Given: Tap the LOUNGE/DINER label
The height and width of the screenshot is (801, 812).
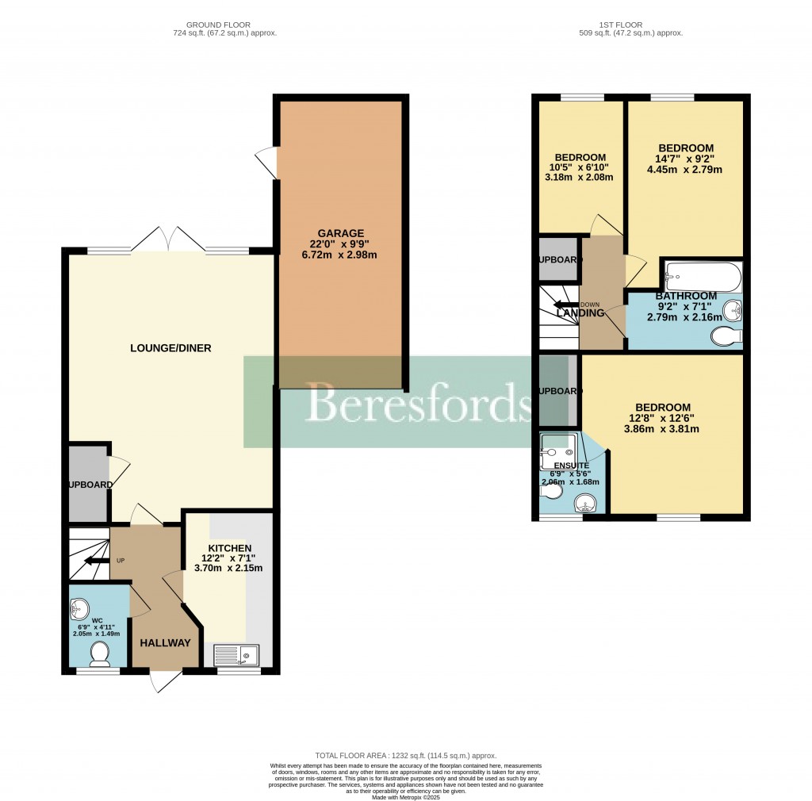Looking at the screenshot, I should click(171, 348).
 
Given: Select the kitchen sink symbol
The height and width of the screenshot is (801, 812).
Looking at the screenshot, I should click(237, 655).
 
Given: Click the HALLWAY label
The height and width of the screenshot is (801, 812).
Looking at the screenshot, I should click(166, 642).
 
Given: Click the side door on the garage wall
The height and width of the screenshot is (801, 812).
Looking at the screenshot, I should click(270, 163).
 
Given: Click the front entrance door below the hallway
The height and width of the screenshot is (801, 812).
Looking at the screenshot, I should click(166, 679).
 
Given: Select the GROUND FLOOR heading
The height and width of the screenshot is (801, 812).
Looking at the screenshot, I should click(225, 24).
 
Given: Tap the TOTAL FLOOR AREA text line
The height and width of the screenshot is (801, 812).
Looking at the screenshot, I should click(405, 756).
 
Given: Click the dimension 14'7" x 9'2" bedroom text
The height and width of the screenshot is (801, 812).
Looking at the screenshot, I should click(686, 159).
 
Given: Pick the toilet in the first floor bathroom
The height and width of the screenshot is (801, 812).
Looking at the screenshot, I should click(726, 337).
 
